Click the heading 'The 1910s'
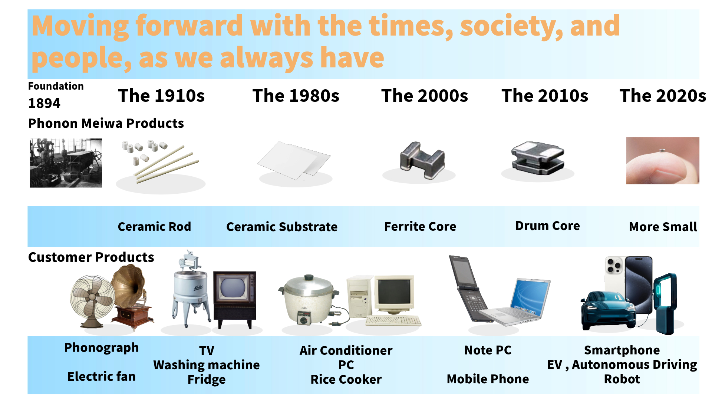(161, 96)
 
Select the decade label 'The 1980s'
(296, 96)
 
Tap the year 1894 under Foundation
(44, 103)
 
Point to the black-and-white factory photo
(66, 163)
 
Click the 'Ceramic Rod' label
(154, 226)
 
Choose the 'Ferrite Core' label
(420, 226)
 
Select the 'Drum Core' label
(547, 226)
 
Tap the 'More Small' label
(663, 227)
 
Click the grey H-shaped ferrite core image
(422, 160)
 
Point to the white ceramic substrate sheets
(294, 160)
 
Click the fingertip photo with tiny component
(663, 160)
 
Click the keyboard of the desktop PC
(393, 320)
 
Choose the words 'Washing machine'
(207, 365)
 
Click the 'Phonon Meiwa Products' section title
(106, 123)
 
